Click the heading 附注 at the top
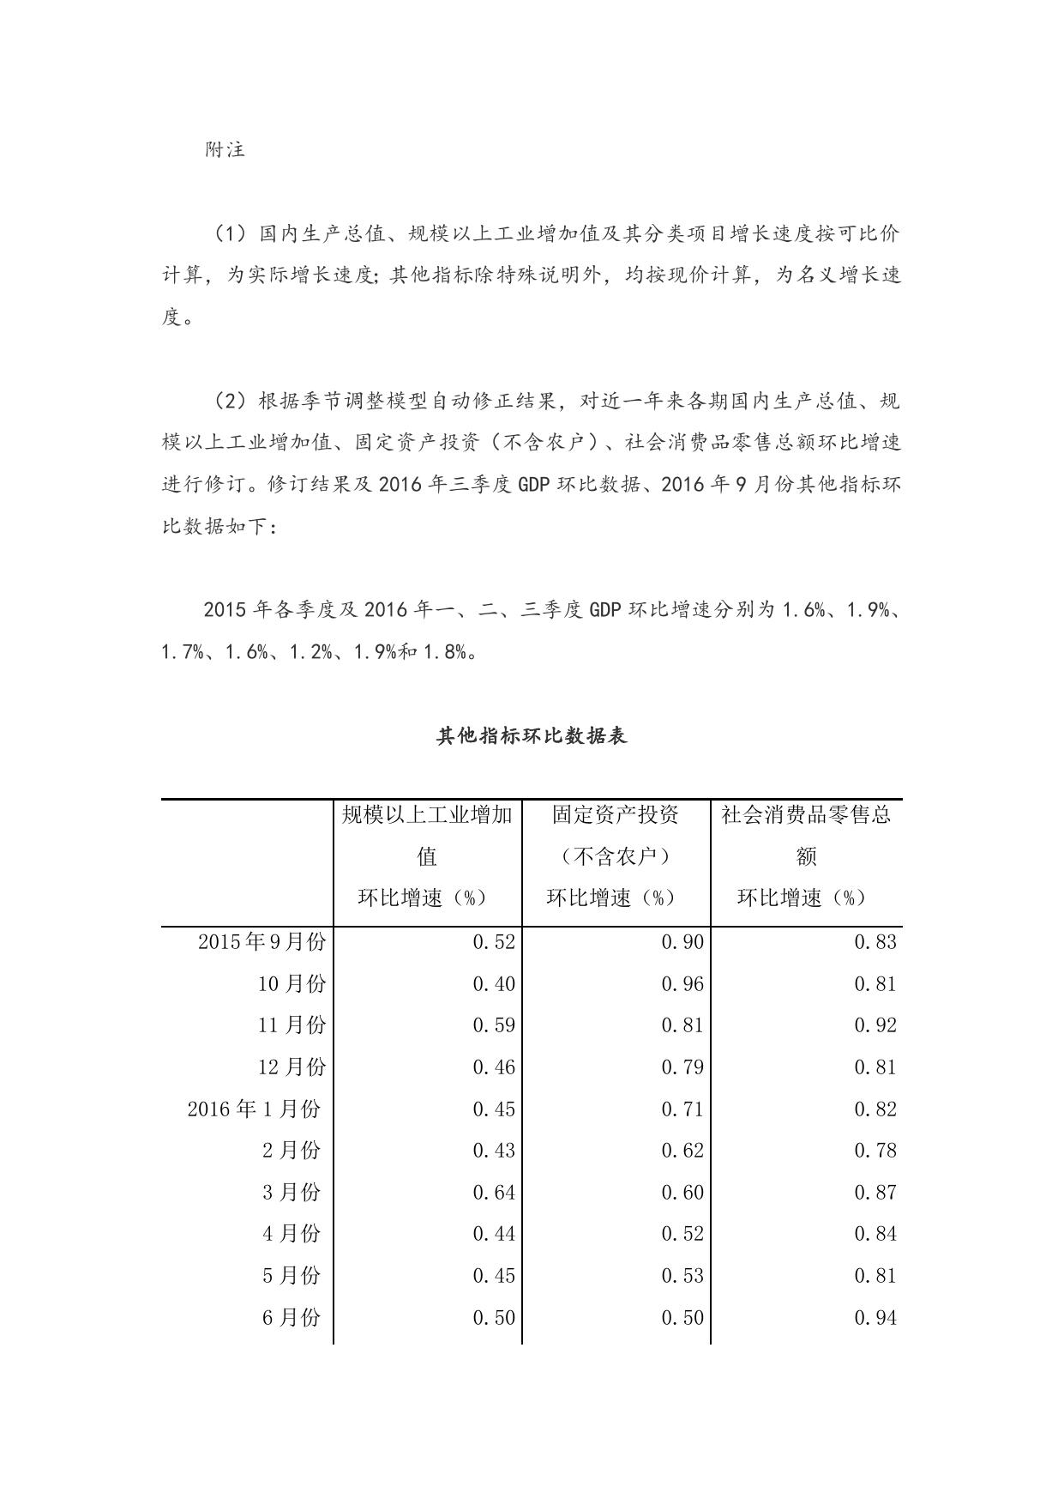(x=225, y=149)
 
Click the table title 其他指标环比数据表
(x=532, y=736)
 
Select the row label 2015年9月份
(x=261, y=942)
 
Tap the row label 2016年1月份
(x=254, y=1109)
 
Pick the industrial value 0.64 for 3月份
(x=494, y=1193)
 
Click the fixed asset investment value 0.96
(x=682, y=984)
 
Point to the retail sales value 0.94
(x=875, y=1318)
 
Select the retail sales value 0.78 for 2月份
(x=875, y=1151)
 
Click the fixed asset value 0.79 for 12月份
(x=682, y=1067)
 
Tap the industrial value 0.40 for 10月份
(x=494, y=984)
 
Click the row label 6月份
(x=292, y=1318)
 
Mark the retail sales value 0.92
(x=875, y=1026)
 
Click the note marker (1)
(x=229, y=233)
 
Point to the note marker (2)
(x=229, y=401)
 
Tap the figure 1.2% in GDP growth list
(x=311, y=652)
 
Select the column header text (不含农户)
(x=616, y=856)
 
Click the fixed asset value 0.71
(x=682, y=1109)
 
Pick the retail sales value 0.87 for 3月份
(x=875, y=1193)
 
